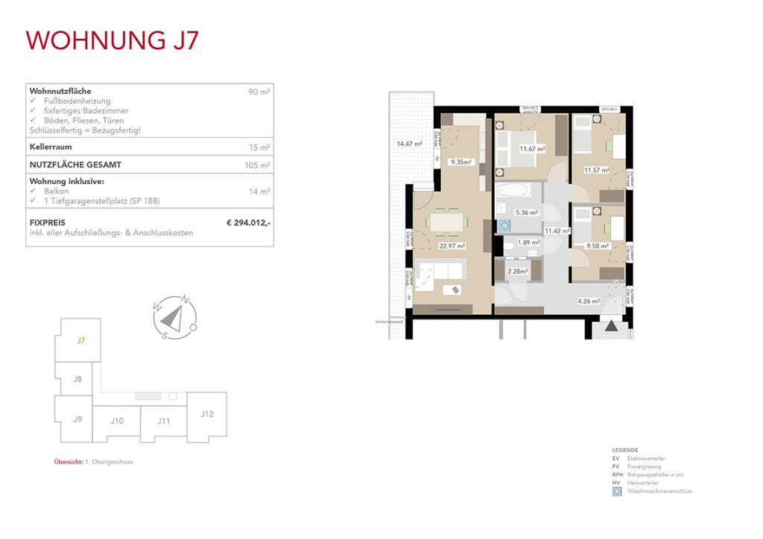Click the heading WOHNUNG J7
click(113, 39)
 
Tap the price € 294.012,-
click(248, 222)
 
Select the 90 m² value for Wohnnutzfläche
click(259, 92)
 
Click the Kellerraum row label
click(50, 147)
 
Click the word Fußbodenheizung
click(77, 101)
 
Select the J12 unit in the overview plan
click(207, 413)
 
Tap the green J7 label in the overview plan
click(80, 341)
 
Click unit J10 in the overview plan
click(116, 421)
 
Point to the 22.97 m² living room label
click(452, 246)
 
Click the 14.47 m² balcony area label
click(409, 144)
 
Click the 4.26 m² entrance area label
click(589, 302)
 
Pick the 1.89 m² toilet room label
click(529, 243)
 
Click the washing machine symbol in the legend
click(616, 491)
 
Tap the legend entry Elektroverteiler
click(646, 459)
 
